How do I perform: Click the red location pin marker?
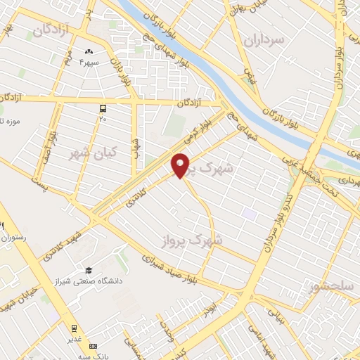point(181,165)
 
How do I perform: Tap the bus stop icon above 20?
point(103,108)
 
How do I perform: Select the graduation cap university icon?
point(89,270)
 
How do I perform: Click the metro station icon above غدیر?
point(75,328)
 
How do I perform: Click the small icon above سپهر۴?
point(89,51)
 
